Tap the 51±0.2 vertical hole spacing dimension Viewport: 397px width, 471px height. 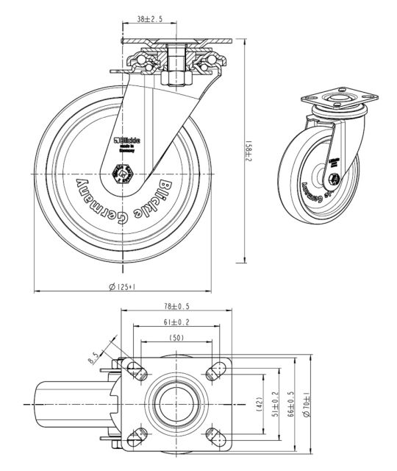275,405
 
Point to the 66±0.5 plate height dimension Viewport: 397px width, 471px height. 290,405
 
